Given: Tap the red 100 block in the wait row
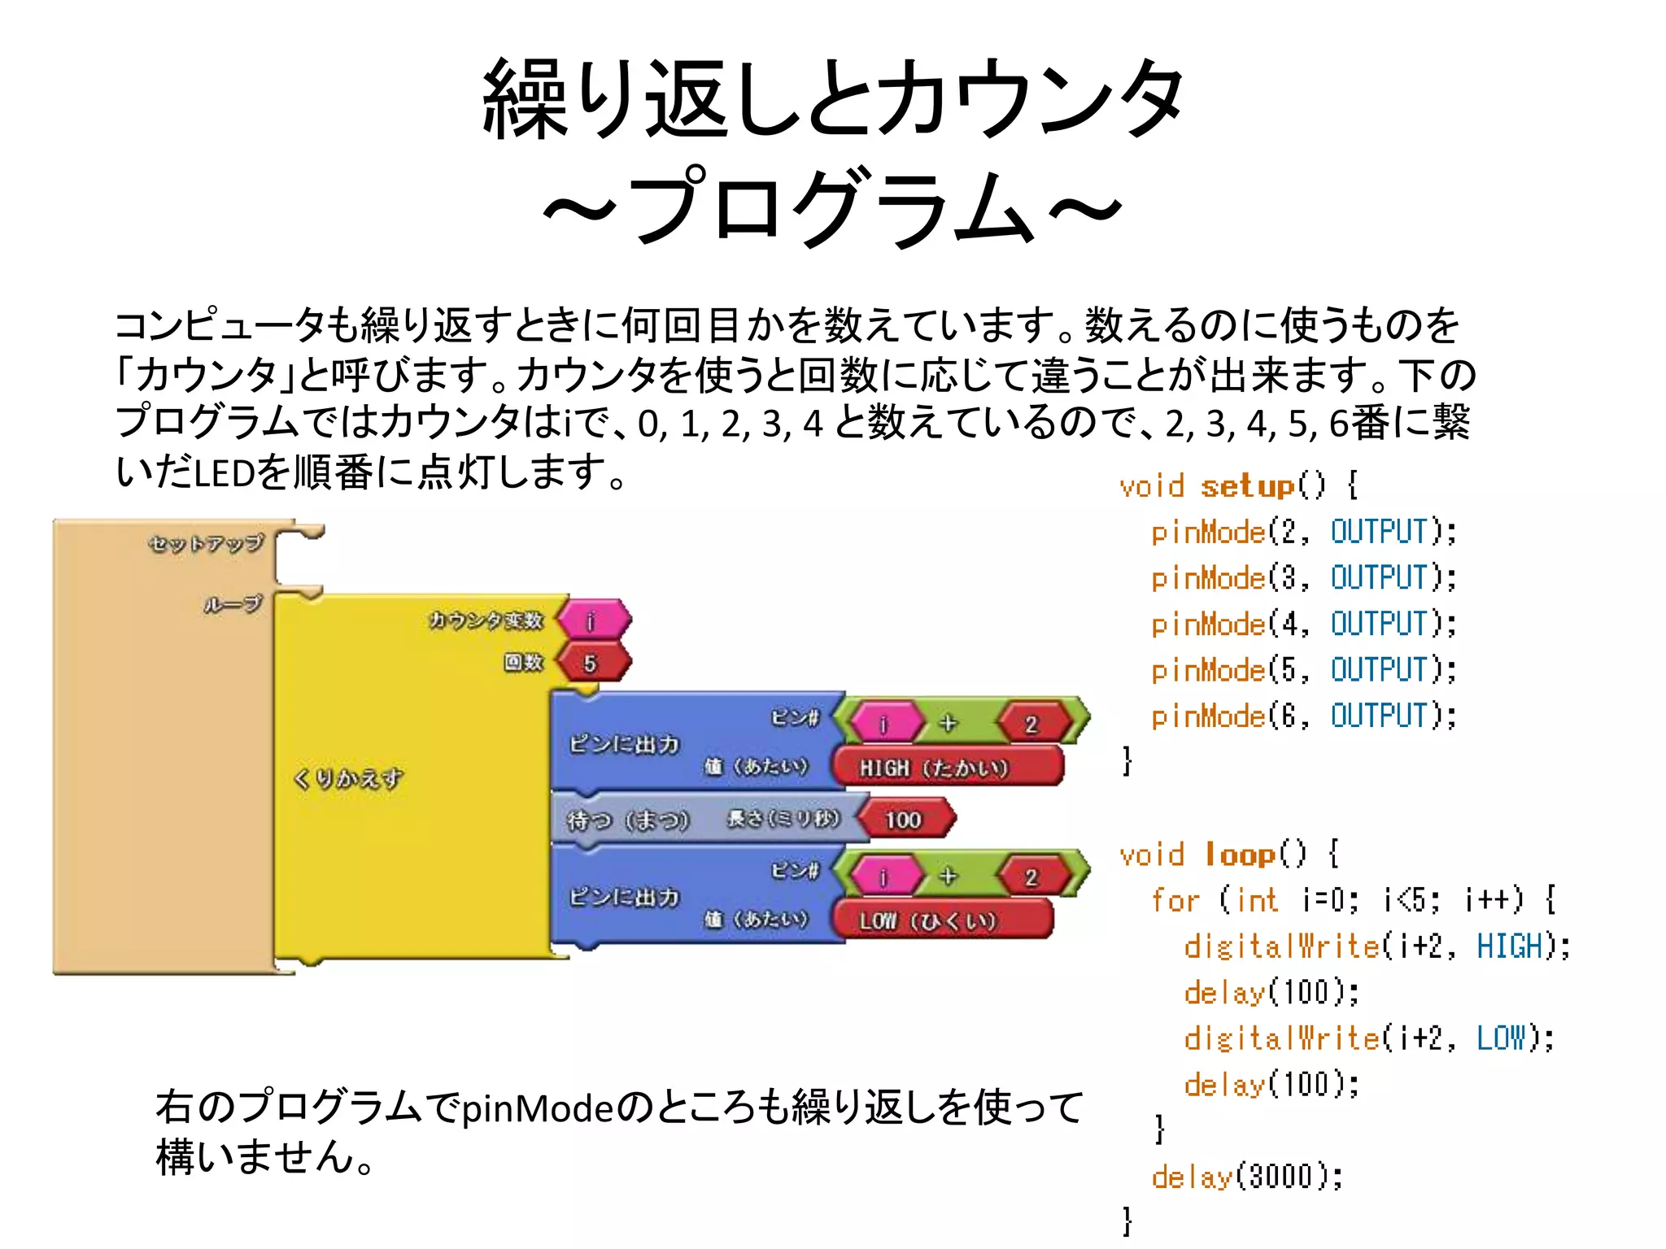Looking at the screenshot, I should pos(905,819).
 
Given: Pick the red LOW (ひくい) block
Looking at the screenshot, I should pos(942,920).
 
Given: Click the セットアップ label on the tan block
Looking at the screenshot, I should pos(207,542).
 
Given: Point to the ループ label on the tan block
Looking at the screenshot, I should pos(233,603).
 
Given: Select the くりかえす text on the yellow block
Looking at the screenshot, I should pos(348,778).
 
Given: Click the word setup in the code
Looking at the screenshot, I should pos(1246,486).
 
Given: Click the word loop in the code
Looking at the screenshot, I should pos(1239,855).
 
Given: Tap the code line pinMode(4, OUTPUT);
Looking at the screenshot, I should pos(1303,624).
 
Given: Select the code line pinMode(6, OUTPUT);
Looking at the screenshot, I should pos(1303,716).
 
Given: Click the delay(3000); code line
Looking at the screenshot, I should pos(1247,1177).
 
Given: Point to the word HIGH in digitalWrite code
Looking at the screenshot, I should pos(1510,947).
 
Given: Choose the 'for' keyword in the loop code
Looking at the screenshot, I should pos(1175,900).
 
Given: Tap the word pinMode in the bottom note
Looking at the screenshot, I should pos(539,1108).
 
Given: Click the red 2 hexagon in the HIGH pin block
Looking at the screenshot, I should pos(1031,724).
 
